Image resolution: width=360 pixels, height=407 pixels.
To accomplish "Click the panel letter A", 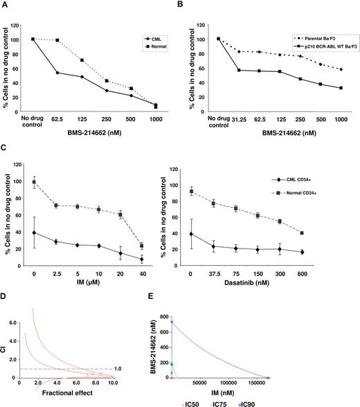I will (x=5, y=5).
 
